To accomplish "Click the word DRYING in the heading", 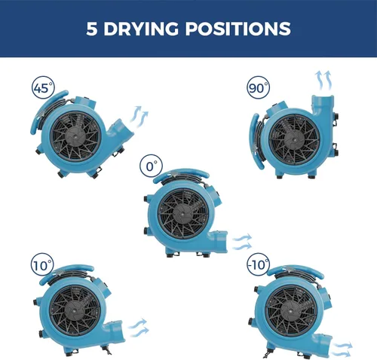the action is (141, 29).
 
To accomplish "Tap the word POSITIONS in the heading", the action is (238, 29).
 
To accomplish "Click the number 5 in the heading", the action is (91, 29).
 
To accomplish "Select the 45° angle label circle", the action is (43, 87).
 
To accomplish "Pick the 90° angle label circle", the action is (258, 87).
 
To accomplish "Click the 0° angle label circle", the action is (152, 166).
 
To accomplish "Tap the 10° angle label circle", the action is (42, 265).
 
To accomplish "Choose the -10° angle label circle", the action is (258, 264).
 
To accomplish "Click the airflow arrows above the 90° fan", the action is (323, 81).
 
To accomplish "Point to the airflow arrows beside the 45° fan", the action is (139, 114).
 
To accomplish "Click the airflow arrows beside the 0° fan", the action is (242, 242).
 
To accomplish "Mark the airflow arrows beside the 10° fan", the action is (139, 328).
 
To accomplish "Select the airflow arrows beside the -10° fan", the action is (342, 349).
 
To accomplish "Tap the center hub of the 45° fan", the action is (75, 136).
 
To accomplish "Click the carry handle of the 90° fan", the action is (254, 141).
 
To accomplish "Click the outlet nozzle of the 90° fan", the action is (323, 105).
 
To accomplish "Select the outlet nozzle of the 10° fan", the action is (115, 330).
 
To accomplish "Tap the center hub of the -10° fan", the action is (292, 311).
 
